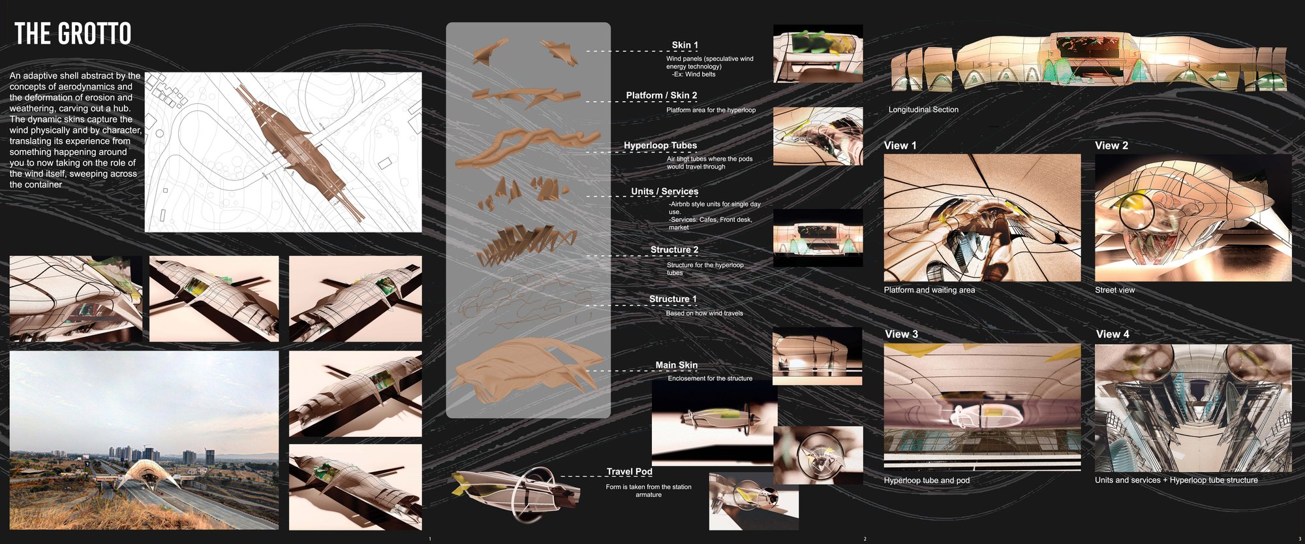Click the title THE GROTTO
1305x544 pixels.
point(72,33)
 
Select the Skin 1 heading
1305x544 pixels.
point(685,45)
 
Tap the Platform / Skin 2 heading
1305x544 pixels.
point(662,95)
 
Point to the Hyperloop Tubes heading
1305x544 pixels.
point(660,146)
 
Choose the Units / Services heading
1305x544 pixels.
point(664,191)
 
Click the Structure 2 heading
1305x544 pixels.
point(674,249)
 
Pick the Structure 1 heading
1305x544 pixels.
point(673,299)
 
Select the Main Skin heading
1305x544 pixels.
point(677,365)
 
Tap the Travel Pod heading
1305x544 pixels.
point(629,472)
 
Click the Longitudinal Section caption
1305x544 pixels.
point(923,110)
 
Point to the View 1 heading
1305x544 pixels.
point(900,146)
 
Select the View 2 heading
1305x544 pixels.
point(1111,146)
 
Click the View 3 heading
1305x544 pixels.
point(901,334)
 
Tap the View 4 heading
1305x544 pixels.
point(1113,334)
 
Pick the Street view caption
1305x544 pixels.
point(1114,290)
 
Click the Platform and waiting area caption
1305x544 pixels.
point(929,290)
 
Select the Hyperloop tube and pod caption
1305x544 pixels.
point(927,480)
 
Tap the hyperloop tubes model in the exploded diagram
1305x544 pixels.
point(527,146)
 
